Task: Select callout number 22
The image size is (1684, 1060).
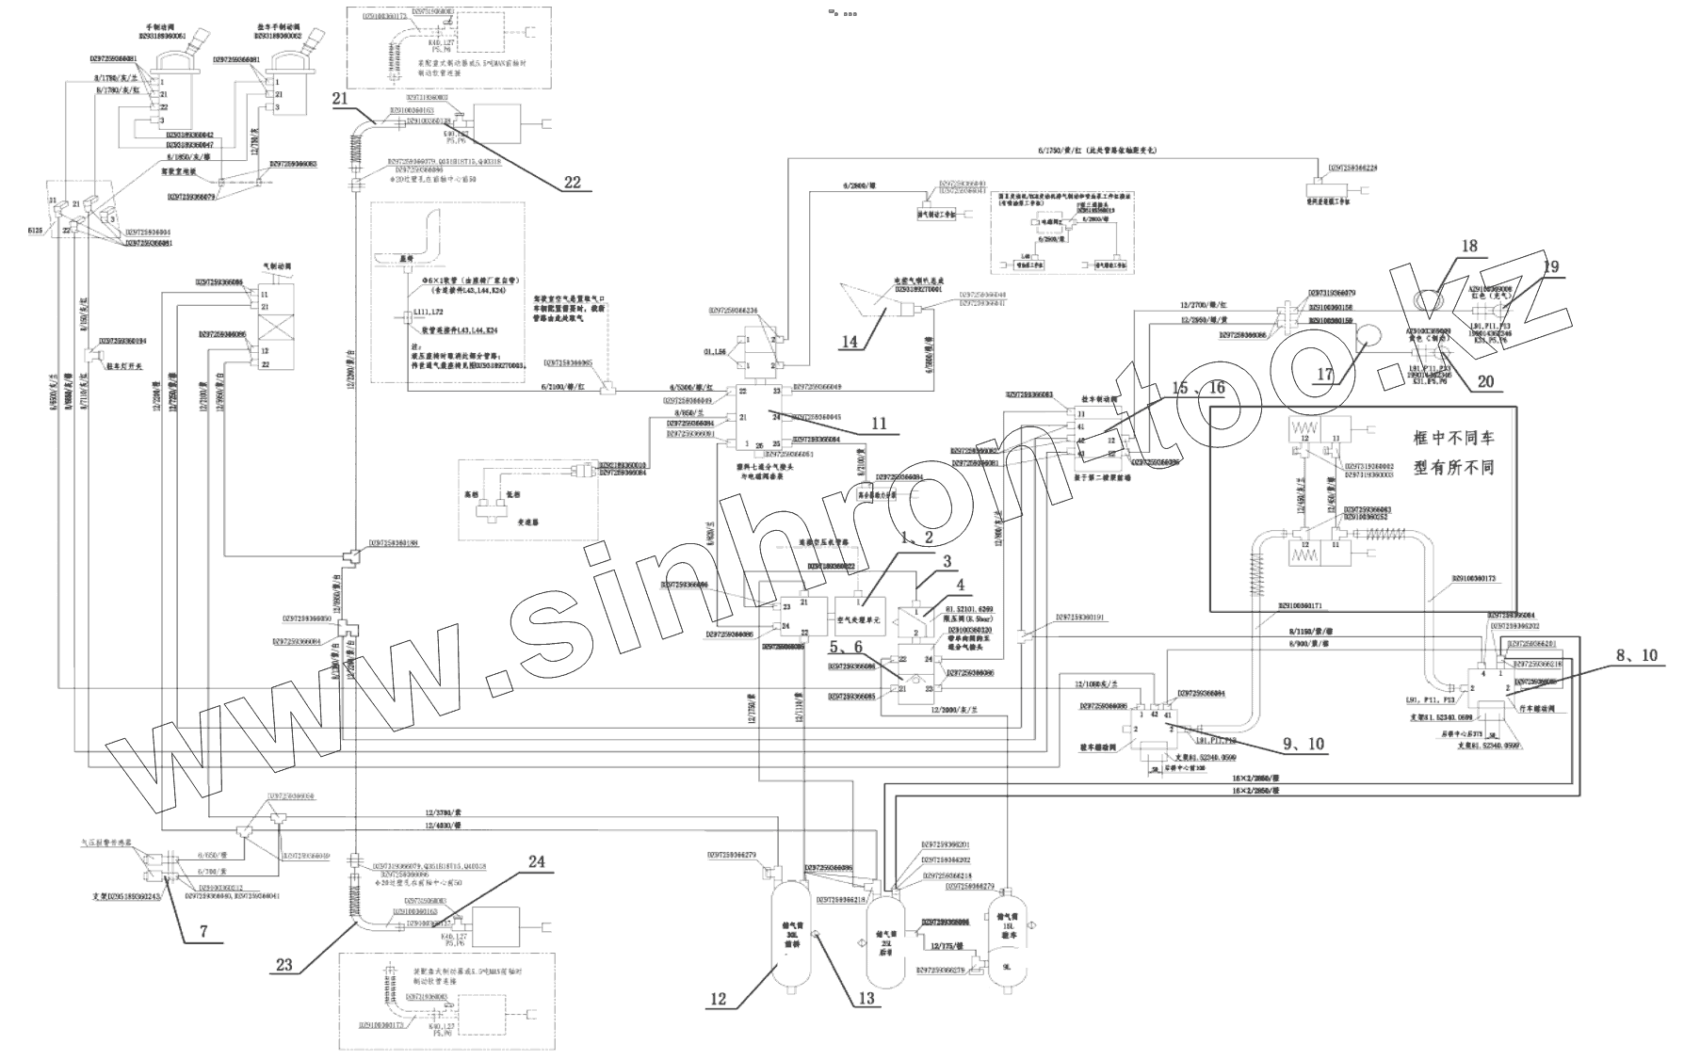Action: (573, 183)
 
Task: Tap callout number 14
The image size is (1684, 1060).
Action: (850, 342)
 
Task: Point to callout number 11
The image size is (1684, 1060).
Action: (878, 424)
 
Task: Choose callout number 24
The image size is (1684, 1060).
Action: (536, 863)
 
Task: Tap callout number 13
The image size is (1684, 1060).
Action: (866, 998)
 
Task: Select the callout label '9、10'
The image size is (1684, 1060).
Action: (1303, 744)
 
